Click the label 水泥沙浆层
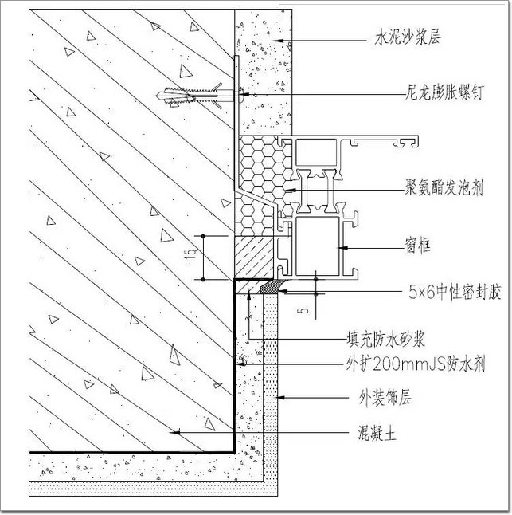click(408, 37)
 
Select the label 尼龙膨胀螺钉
click(444, 92)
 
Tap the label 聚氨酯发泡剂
click(444, 188)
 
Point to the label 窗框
click(417, 246)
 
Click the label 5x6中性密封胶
click(455, 292)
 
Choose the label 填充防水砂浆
click(386, 339)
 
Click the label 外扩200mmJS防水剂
click(416, 364)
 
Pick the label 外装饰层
click(385, 398)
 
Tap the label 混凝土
click(377, 434)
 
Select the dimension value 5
click(305, 310)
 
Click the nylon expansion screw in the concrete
click(197, 96)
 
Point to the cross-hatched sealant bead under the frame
click(272, 286)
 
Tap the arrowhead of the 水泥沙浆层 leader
click(279, 41)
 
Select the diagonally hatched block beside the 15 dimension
click(254, 257)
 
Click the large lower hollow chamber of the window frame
click(317, 246)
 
